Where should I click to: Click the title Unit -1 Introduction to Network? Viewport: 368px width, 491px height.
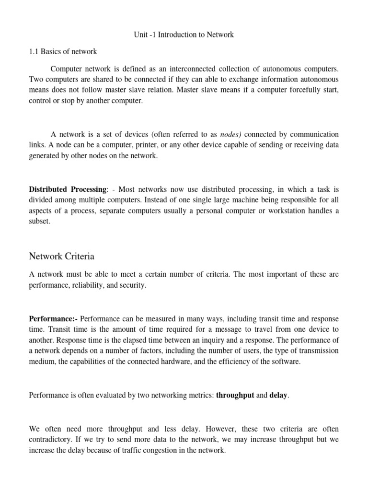point(184,35)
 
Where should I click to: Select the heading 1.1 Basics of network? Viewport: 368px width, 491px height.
point(63,52)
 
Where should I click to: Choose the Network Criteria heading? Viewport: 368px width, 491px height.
point(62,257)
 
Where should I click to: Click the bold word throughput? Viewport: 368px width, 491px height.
point(234,396)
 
